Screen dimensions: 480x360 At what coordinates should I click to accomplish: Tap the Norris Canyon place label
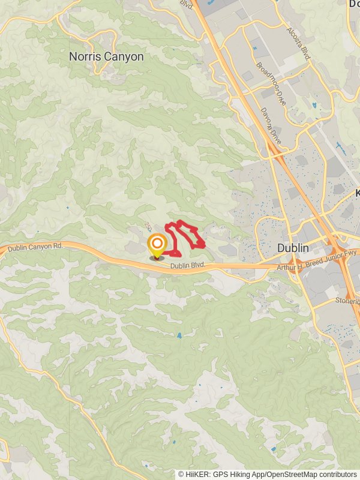[x=106, y=57]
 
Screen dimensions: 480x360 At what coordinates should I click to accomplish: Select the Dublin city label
[x=293, y=248]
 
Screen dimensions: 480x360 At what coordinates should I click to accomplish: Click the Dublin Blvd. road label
[x=187, y=265]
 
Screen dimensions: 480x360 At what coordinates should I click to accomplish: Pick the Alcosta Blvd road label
[x=298, y=43]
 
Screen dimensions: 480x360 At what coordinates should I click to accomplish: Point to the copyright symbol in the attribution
[x=181, y=474]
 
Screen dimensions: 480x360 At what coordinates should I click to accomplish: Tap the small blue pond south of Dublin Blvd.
[x=179, y=335]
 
